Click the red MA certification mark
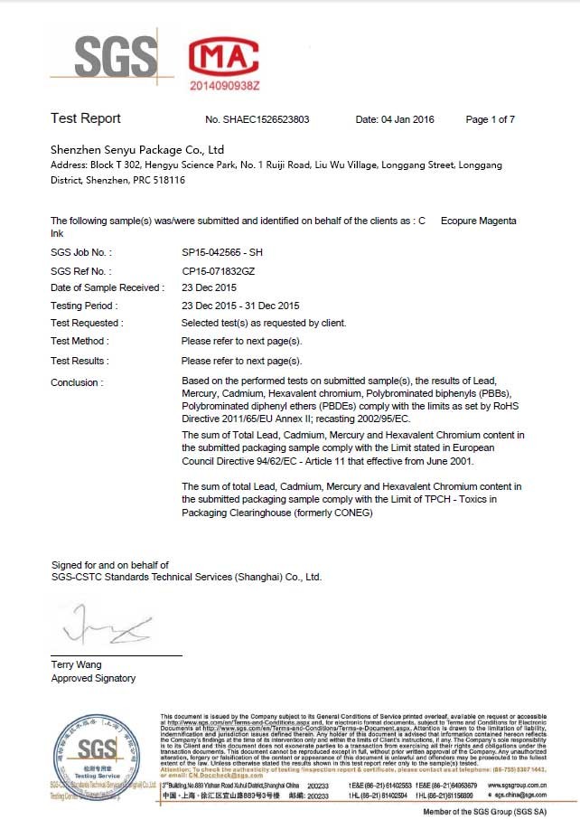coord(224,56)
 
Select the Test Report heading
coord(86,118)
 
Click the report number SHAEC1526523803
coord(257,119)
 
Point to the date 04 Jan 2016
coord(394,119)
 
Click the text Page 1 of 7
coord(491,119)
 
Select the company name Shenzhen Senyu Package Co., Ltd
coord(137,149)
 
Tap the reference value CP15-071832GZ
coord(217,271)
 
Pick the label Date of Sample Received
coord(108,288)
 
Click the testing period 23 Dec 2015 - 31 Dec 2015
coord(240,306)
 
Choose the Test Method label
coord(80,341)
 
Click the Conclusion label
coord(77,382)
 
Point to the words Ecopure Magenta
coord(479,221)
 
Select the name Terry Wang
coord(76,664)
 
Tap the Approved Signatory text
coord(93,678)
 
